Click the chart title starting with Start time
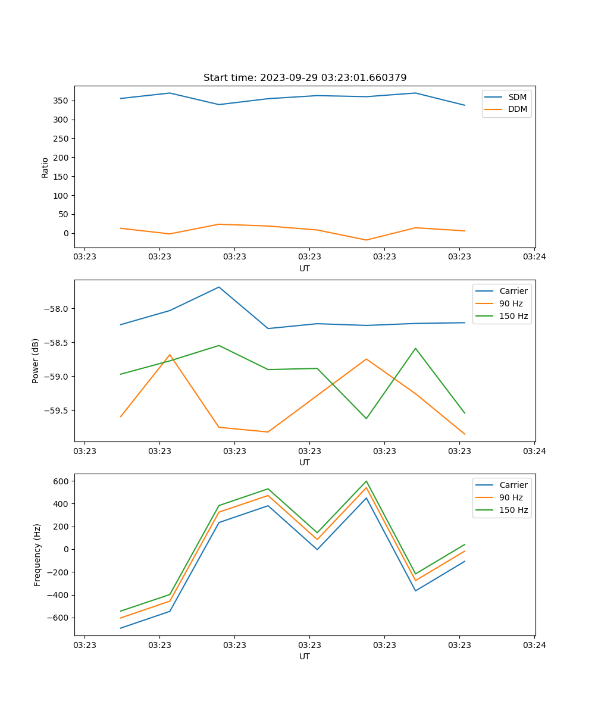[305, 78]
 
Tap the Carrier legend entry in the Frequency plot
[513, 485]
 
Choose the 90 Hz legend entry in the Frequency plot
[511, 497]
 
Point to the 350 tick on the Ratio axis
[61, 101]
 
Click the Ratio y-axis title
[45, 167]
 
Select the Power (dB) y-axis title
[36, 361]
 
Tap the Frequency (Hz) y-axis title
[37, 555]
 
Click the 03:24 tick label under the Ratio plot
[534, 257]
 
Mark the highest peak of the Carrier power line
[219, 287]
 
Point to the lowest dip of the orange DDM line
[366, 240]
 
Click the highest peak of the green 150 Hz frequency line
[366, 481]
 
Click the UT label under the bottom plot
[305, 656]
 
